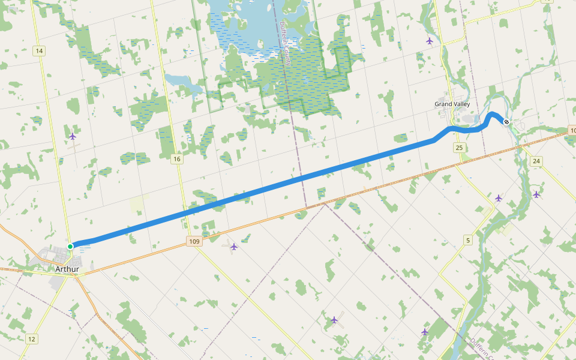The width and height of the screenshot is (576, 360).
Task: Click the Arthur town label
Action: point(67,269)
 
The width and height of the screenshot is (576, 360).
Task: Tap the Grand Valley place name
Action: point(452,104)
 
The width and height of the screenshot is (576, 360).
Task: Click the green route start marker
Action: point(70,246)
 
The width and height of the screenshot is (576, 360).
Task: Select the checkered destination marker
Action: point(506,122)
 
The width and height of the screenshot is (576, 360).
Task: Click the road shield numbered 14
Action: point(40,51)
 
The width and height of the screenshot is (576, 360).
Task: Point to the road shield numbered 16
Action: point(176,159)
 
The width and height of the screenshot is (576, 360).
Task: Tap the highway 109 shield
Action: point(193,241)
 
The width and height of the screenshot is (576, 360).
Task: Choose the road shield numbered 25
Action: point(460,148)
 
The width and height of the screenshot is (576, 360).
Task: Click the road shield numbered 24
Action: point(536,161)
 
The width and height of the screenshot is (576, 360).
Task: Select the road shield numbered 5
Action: point(468,241)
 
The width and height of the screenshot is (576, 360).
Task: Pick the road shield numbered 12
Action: point(31,339)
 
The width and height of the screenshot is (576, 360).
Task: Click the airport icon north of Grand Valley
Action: point(430,41)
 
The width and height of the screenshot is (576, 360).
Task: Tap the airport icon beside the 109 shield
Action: point(234,246)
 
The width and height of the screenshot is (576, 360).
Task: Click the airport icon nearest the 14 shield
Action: point(73,136)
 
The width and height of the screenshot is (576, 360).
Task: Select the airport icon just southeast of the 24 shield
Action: point(536,194)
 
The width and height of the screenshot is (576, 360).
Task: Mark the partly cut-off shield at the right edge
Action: point(572,130)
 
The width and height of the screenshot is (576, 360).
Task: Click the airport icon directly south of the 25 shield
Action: point(499,197)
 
